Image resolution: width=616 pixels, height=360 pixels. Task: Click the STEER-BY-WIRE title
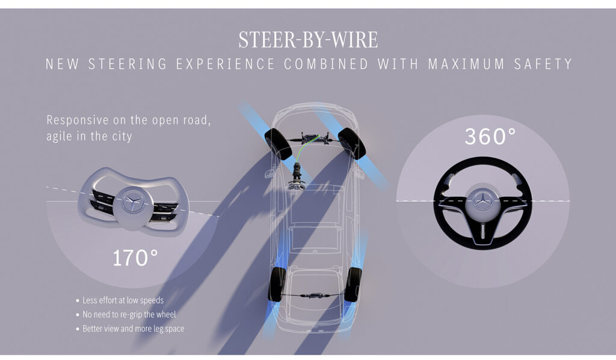click(308, 40)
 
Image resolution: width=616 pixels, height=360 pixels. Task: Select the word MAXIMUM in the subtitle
click(466, 64)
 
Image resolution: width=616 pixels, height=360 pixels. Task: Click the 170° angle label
click(135, 258)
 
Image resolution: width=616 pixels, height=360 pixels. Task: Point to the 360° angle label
click(490, 136)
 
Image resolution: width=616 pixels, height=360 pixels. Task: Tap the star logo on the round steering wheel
click(482, 200)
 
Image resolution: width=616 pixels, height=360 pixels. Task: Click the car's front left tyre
click(278, 144)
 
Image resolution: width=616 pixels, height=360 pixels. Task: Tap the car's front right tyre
click(351, 143)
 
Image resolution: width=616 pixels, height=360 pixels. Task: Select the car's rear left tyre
click(277, 285)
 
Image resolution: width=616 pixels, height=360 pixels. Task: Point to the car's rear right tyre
click(353, 285)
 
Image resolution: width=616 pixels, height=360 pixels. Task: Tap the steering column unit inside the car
click(297, 176)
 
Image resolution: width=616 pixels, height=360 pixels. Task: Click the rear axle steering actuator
click(315, 294)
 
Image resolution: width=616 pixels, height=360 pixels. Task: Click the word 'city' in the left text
click(122, 137)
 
